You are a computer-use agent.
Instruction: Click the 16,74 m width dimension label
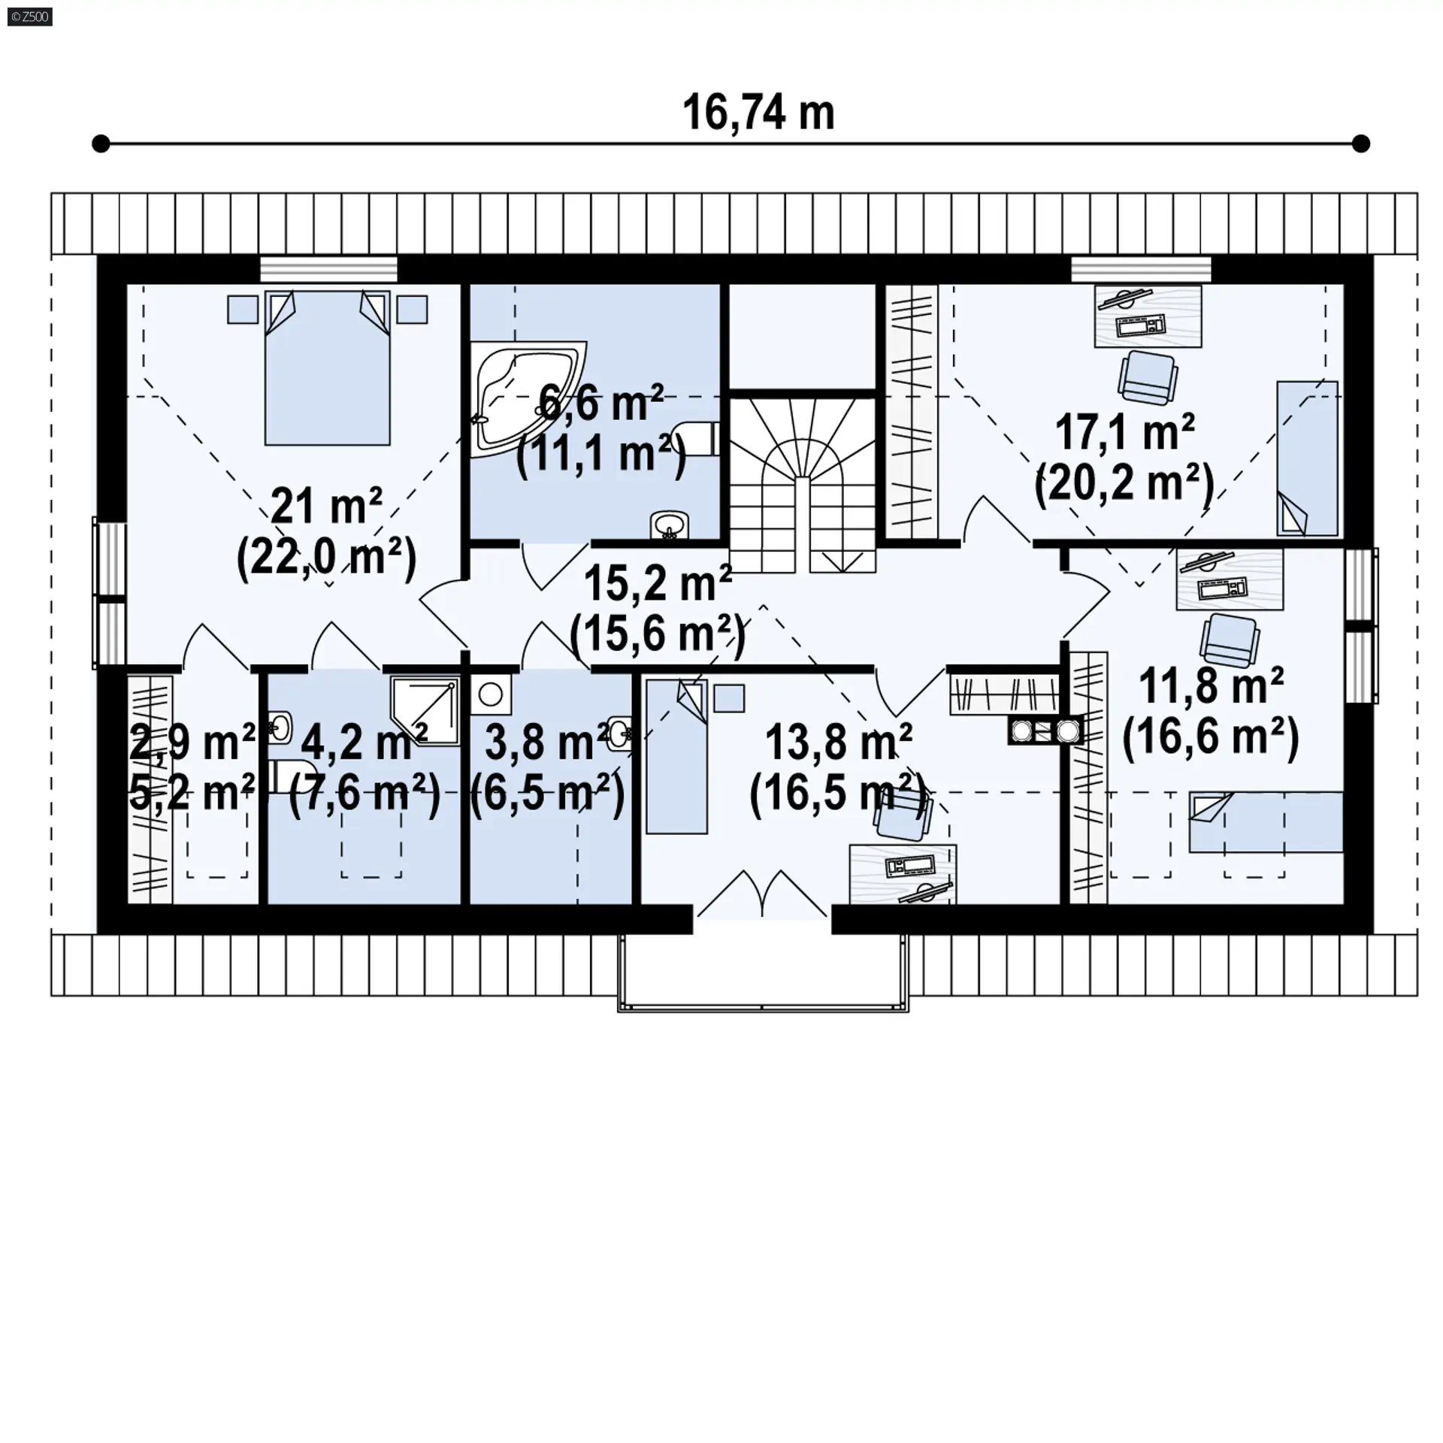(758, 113)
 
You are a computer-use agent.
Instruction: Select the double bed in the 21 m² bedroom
(327, 368)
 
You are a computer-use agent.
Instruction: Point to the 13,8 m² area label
(839, 742)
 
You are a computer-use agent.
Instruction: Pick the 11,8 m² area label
(1211, 685)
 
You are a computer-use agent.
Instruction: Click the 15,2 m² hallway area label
(658, 583)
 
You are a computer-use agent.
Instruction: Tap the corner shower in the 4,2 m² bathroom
(425, 711)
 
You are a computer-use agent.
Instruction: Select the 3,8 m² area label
(546, 742)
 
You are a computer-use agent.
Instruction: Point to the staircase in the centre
(803, 486)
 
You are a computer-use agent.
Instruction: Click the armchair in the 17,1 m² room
(1148, 377)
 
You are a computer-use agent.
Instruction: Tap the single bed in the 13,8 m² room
(676, 756)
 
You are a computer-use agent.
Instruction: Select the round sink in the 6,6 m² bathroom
(670, 525)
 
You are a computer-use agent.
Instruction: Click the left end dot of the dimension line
(101, 144)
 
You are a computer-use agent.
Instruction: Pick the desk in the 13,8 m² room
(903, 873)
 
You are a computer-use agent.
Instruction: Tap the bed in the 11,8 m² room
(1266, 821)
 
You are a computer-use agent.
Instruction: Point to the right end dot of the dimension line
(1361, 144)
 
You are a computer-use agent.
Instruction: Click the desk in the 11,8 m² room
(1230, 579)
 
